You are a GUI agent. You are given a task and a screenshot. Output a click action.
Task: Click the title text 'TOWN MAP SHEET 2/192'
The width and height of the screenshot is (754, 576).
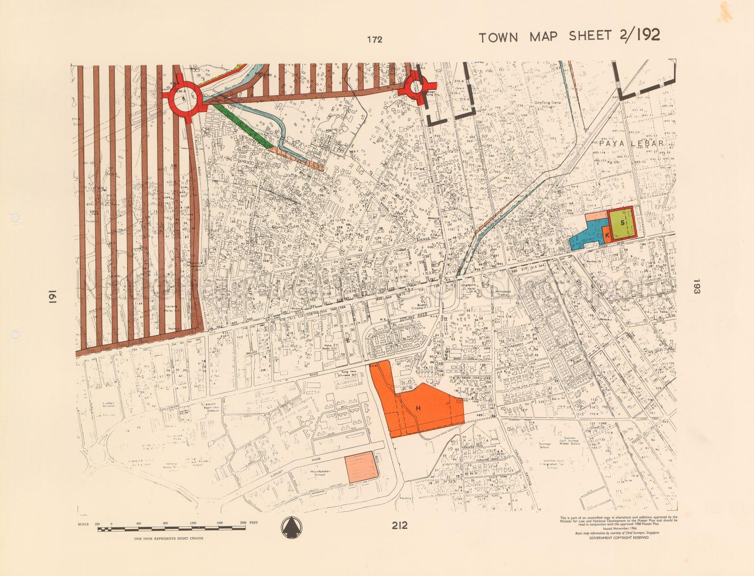(x=569, y=36)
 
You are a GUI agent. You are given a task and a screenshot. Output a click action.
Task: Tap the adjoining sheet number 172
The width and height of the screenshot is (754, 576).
(x=374, y=40)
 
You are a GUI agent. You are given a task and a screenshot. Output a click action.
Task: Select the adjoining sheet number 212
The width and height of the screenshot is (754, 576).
(x=400, y=525)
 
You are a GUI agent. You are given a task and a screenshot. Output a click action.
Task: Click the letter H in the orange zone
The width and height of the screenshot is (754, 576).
(x=419, y=408)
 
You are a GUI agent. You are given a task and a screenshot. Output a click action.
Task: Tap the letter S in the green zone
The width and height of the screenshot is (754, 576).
(x=622, y=222)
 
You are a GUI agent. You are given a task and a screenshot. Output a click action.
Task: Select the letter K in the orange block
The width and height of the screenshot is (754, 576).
(x=607, y=236)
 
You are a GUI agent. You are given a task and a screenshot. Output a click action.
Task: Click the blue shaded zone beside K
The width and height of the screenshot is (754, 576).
(x=587, y=235)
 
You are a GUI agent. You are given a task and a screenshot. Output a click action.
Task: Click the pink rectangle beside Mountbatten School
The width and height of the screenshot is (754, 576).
(x=361, y=467)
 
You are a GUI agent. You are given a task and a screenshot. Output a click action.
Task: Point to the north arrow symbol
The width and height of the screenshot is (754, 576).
(x=292, y=528)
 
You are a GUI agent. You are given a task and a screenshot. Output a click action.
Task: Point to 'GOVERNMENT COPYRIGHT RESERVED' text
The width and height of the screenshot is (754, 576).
(x=619, y=537)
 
